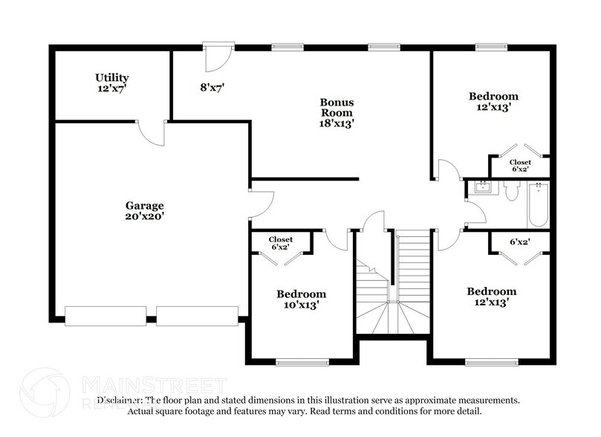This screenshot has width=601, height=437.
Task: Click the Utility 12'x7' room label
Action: click(111, 82)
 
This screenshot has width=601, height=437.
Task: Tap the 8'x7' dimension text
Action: click(212, 87)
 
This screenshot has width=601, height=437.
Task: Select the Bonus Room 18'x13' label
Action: click(337, 112)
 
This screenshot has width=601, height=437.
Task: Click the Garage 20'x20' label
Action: click(144, 210)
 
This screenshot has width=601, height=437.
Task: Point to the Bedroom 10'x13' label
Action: click(301, 299)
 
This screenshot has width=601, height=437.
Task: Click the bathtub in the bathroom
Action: click(537, 206)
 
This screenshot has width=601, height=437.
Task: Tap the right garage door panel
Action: click(197, 316)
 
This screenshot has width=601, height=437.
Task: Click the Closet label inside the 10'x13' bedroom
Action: click(281, 239)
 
